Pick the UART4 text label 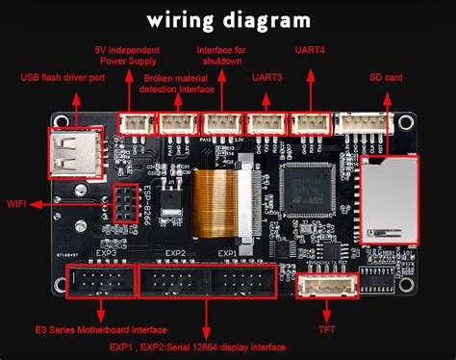310,48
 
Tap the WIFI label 17,204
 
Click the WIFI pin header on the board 125,202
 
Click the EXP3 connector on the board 99,282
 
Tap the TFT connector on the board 325,287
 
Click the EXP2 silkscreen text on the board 174,255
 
